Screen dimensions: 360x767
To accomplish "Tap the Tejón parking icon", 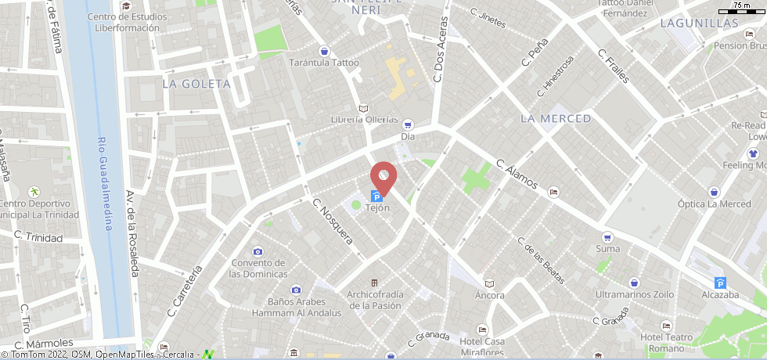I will point(376,196).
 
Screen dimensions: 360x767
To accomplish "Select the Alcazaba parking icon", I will point(721,283).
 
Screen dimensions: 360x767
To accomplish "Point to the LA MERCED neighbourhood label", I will point(556,118).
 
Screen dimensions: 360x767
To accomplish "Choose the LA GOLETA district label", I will point(196,83).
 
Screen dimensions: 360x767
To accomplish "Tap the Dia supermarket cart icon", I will point(407,124).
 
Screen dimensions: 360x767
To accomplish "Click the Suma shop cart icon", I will point(607,237).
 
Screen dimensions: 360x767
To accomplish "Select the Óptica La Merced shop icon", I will point(714,192).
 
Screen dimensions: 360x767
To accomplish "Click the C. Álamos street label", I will point(517,175).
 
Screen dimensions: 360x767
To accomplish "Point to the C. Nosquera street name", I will point(333,227).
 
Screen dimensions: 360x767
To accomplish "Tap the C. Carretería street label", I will point(185,290).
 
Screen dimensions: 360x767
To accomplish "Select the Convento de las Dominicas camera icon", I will point(257,251).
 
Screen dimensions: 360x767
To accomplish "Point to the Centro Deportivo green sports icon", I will point(34,192).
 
